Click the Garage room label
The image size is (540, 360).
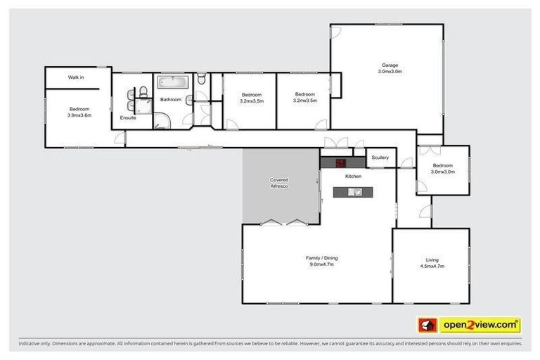[x=390, y=65]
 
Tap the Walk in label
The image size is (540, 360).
[x=76, y=77]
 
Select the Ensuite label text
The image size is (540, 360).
[x=127, y=117]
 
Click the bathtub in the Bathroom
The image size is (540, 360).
[x=171, y=82]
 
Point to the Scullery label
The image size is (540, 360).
[x=380, y=157]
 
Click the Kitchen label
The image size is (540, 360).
[x=353, y=176]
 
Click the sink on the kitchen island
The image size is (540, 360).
[x=357, y=191]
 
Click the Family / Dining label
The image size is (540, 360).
[x=321, y=258]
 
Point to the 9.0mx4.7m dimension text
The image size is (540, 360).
[x=321, y=264]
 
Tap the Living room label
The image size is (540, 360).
[x=432, y=260]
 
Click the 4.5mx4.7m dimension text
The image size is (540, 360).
[x=432, y=266]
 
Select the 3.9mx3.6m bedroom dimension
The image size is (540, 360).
[x=79, y=115]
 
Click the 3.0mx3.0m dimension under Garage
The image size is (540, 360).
[x=390, y=72]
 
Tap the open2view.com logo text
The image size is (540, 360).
[x=480, y=325]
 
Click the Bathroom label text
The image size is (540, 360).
[x=171, y=100]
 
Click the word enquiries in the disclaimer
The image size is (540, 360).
[x=509, y=344]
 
